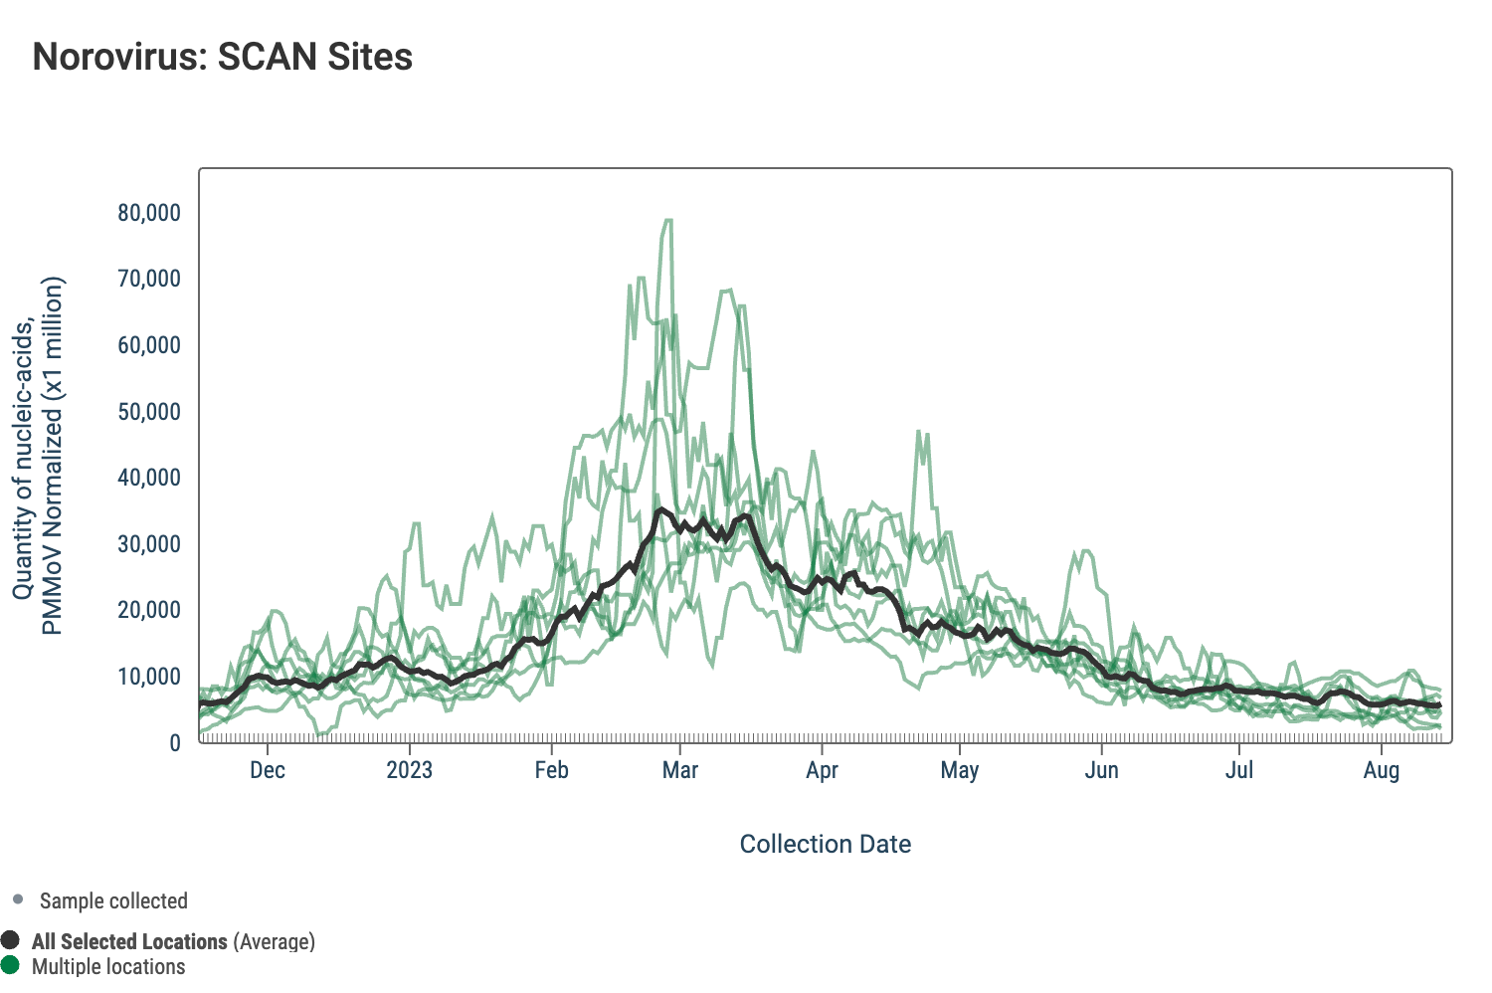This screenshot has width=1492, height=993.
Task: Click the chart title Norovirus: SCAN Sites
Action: (223, 57)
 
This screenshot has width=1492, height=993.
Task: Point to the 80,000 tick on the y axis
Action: (149, 213)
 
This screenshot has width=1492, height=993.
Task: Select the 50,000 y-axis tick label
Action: (149, 412)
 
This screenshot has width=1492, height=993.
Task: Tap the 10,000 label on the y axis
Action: (149, 677)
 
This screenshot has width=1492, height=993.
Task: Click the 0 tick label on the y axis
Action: (175, 743)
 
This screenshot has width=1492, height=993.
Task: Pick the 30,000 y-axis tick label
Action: (149, 544)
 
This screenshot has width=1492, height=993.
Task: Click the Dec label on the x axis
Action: (268, 770)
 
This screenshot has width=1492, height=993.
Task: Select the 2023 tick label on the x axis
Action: (409, 770)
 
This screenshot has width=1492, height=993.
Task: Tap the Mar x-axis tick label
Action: (680, 770)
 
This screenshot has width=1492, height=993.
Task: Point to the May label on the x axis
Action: (960, 770)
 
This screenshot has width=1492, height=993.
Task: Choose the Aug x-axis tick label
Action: (1382, 770)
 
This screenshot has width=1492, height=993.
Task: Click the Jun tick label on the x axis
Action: (1102, 770)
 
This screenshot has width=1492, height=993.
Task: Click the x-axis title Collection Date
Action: (826, 845)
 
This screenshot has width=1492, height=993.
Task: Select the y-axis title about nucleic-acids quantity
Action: (38, 456)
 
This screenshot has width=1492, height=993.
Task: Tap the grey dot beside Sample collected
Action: (18, 900)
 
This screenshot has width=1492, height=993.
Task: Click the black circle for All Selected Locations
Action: (11, 940)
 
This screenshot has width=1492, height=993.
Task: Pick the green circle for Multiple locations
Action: (11, 965)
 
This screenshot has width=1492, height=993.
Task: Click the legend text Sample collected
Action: (113, 901)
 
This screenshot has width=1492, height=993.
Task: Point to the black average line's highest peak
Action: (659, 510)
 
